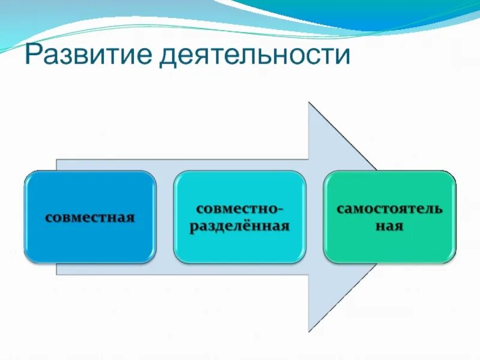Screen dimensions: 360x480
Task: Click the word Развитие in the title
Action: tap(88, 55)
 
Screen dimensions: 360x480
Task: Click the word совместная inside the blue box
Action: tap(89, 217)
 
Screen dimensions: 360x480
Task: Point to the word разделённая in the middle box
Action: tap(239, 226)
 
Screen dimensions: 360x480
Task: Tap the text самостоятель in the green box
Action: tap(389, 209)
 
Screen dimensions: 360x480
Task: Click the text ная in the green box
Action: tap(389, 227)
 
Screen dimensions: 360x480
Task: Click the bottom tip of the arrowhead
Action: tap(310, 331)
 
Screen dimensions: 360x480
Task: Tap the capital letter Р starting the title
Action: tap(34, 55)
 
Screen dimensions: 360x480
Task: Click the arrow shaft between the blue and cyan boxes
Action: tap(165, 217)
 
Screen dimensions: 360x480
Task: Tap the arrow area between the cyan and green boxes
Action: tap(314, 217)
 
